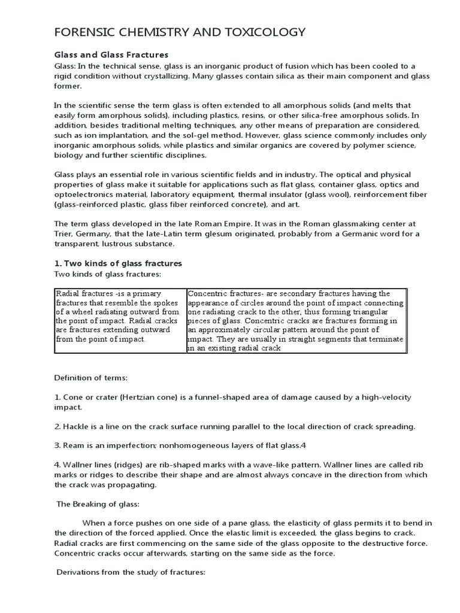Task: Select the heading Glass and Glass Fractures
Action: coord(111,55)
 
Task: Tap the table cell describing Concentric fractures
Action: coord(296,321)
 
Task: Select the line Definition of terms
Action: coord(91,378)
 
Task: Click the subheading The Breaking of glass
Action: coord(98,503)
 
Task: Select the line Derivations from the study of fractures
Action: coord(131,572)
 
